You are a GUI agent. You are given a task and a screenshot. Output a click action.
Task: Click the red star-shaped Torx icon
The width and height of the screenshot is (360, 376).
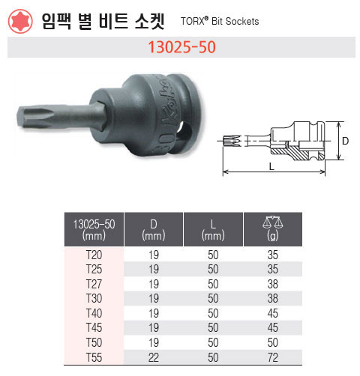(20, 21)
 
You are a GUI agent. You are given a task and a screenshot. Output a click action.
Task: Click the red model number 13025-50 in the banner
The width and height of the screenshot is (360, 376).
(181, 47)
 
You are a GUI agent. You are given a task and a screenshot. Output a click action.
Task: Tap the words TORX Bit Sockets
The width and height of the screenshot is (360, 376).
(220, 21)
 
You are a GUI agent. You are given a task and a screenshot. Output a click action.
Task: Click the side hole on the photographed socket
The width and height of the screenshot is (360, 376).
(185, 131)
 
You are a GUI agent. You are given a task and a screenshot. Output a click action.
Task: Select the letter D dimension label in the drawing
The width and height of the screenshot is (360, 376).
(345, 141)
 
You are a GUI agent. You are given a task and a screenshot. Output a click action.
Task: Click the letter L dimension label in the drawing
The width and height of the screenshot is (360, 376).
(271, 166)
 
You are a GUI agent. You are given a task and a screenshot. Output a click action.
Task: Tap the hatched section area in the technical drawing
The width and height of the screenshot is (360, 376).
(298, 153)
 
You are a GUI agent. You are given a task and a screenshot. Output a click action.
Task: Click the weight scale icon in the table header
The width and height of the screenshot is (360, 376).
(272, 222)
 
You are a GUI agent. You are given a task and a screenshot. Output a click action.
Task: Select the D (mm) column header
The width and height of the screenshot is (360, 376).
(154, 230)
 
